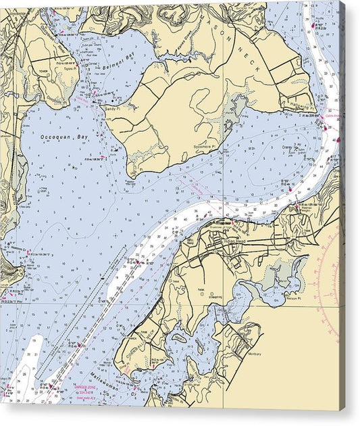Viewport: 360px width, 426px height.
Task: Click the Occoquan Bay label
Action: [64, 137]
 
